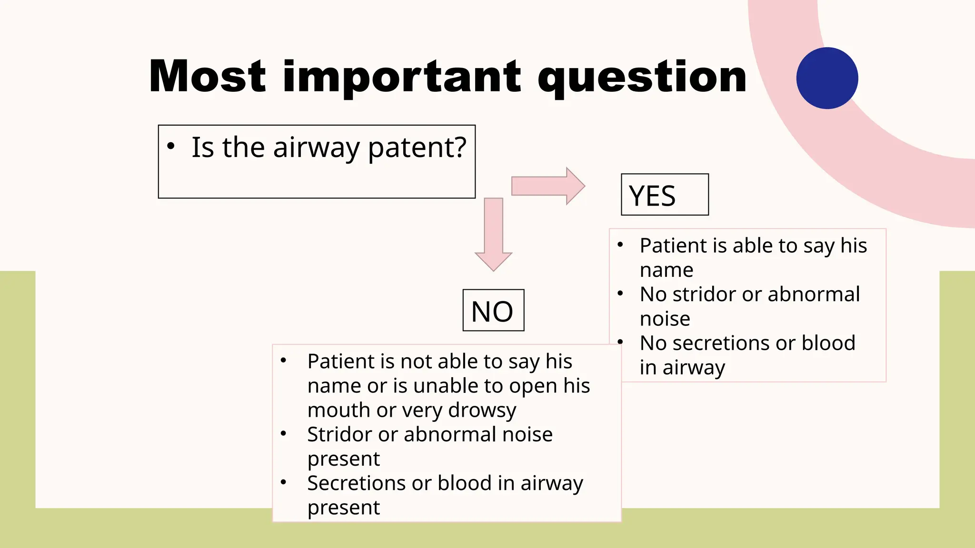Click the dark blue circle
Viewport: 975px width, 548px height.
tap(827, 78)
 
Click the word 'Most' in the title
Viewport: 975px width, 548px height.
tap(207, 77)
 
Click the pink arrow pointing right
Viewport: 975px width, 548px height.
tap(547, 186)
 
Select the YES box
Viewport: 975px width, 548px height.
tap(665, 195)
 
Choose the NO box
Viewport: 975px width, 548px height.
tap(493, 311)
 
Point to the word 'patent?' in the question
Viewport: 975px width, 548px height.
tap(417, 148)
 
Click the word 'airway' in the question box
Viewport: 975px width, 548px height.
tap(316, 148)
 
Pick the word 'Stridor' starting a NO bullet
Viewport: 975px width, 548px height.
tap(339, 434)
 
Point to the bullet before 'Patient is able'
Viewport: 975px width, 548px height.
tap(620, 245)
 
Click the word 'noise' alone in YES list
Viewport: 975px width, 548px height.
tap(665, 319)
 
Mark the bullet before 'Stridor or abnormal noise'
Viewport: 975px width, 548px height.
tap(283, 433)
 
